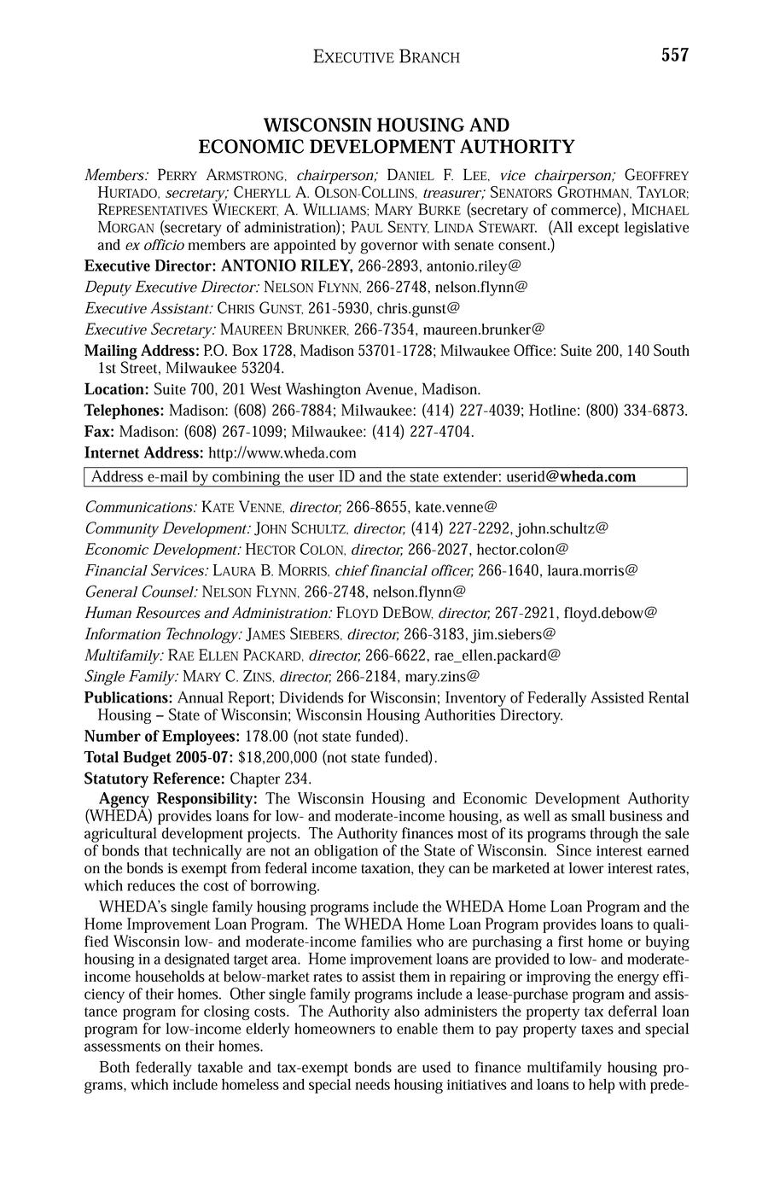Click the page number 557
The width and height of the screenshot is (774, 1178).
(x=673, y=55)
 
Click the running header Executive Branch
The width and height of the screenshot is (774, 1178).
(x=387, y=57)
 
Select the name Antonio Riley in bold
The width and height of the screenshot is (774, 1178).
(x=281, y=266)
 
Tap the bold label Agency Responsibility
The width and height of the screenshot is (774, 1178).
(x=178, y=799)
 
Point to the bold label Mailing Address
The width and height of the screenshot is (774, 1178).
(x=141, y=351)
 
